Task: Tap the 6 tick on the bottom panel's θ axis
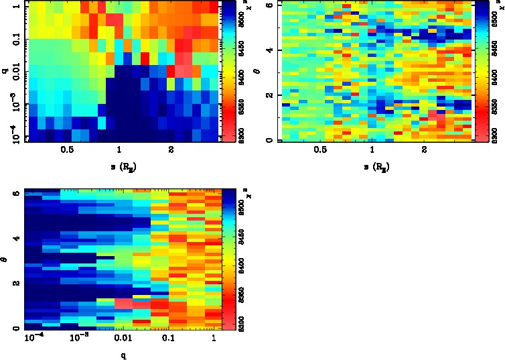click(15, 192)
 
